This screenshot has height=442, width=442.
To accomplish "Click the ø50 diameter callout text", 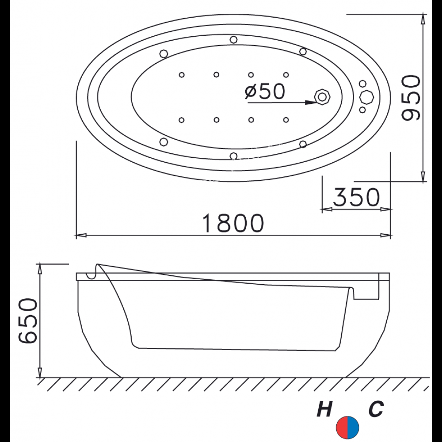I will tap(264, 91).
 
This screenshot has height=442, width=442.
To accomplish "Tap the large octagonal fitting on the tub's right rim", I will tap(366, 96).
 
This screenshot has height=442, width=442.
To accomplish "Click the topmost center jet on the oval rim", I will tap(233, 40).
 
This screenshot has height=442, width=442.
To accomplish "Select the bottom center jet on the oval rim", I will tap(233, 155).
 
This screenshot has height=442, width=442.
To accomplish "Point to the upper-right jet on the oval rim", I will tap(303, 51).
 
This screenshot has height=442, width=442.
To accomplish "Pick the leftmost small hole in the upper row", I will tap(181, 75).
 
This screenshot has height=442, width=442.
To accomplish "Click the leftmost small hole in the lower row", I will tap(181, 119).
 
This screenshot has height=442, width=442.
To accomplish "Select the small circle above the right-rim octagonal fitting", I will tap(362, 84).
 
